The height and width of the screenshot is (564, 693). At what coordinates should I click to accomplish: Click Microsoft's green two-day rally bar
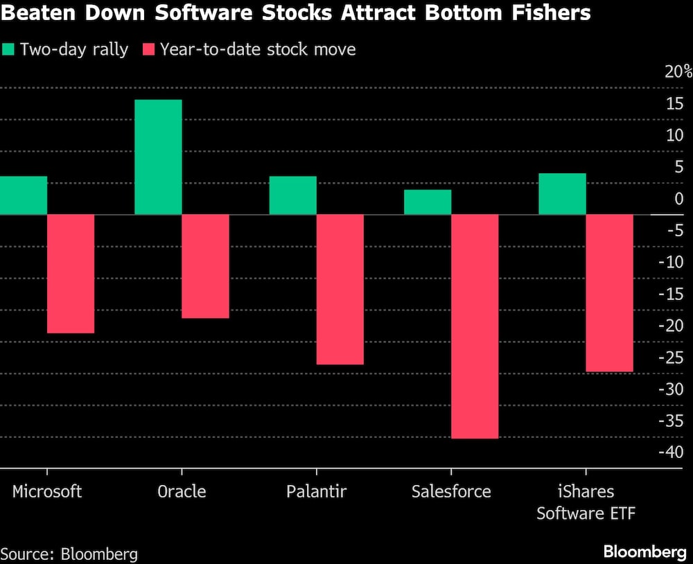click(24, 195)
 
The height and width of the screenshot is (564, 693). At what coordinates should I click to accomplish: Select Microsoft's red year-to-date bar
click(71, 274)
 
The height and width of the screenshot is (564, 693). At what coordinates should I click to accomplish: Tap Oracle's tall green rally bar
click(158, 157)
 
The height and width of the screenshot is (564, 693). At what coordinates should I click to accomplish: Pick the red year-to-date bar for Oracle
click(205, 266)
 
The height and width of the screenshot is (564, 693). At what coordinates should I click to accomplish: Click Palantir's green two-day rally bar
click(292, 195)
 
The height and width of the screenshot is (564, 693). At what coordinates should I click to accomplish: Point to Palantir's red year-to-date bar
click(340, 289)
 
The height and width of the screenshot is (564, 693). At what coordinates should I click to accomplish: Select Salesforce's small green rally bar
click(428, 202)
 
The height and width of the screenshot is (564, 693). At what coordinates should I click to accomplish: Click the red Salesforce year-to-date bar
click(475, 326)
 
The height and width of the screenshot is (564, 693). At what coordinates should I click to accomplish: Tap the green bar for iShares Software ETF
click(562, 194)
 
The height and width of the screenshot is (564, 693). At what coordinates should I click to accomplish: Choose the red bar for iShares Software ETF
click(609, 293)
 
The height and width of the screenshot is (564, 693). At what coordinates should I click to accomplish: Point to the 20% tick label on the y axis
click(678, 72)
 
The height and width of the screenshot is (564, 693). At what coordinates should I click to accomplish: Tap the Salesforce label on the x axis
click(450, 491)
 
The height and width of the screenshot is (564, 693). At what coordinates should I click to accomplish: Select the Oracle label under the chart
click(182, 491)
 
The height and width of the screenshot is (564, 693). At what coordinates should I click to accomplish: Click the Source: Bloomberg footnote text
click(69, 554)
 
